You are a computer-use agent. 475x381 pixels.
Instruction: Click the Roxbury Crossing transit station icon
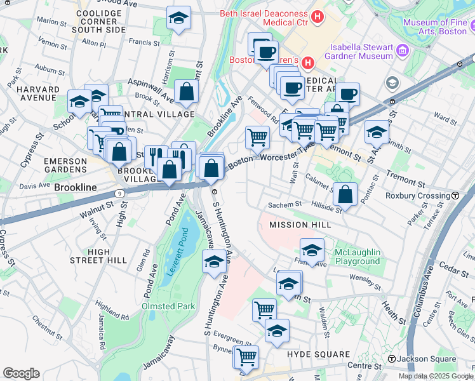click(455, 196)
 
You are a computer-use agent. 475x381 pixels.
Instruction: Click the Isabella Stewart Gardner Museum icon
click(401, 50)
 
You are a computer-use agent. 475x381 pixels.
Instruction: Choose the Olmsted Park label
click(168, 306)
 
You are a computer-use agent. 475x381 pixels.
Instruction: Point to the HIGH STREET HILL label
click(99, 256)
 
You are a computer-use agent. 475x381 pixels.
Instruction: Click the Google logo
click(21, 373)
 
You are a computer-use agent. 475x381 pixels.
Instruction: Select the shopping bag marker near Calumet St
click(345, 194)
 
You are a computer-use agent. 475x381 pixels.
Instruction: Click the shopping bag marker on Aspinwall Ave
click(185, 93)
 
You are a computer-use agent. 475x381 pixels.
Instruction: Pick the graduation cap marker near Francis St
click(179, 18)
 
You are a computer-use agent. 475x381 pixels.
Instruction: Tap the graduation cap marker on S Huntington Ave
click(215, 261)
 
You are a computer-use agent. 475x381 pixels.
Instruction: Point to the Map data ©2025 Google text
click(436, 376)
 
